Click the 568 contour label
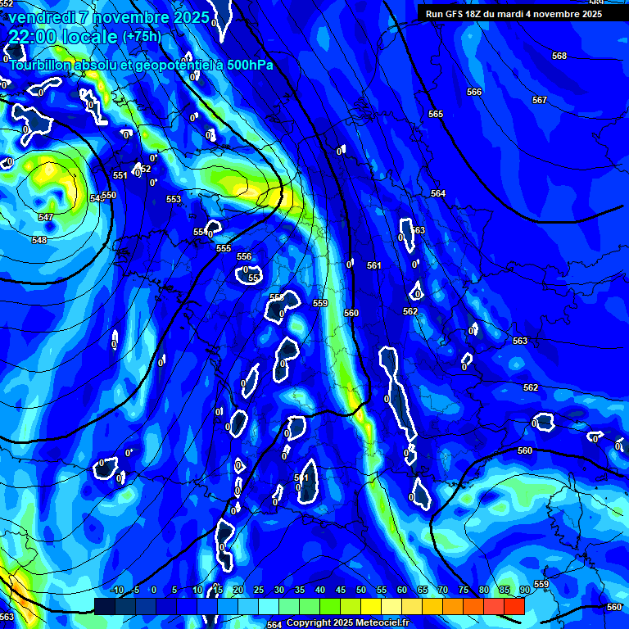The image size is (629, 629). click(559, 56)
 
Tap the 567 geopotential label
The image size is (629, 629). click(539, 100)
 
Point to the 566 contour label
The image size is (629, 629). click(474, 92)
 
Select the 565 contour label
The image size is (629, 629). click(436, 114)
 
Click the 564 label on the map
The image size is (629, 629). click(438, 193)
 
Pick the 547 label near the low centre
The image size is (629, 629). click(46, 217)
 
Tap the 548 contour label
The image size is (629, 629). click(39, 240)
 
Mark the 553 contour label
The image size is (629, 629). click(174, 199)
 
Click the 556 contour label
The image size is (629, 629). click(244, 256)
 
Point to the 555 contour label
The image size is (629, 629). click(224, 248)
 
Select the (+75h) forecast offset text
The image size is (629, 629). click(141, 36)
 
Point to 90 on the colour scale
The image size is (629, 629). click(524, 590)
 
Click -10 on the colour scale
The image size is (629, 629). click(117, 590)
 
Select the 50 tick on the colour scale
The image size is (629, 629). click(361, 590)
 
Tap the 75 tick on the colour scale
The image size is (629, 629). click(463, 590)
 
